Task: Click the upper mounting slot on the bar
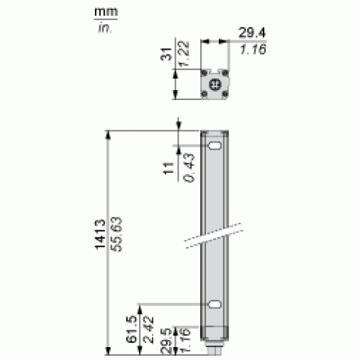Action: point(214,147)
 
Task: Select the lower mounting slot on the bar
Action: point(214,305)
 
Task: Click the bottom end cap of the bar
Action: point(214,341)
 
